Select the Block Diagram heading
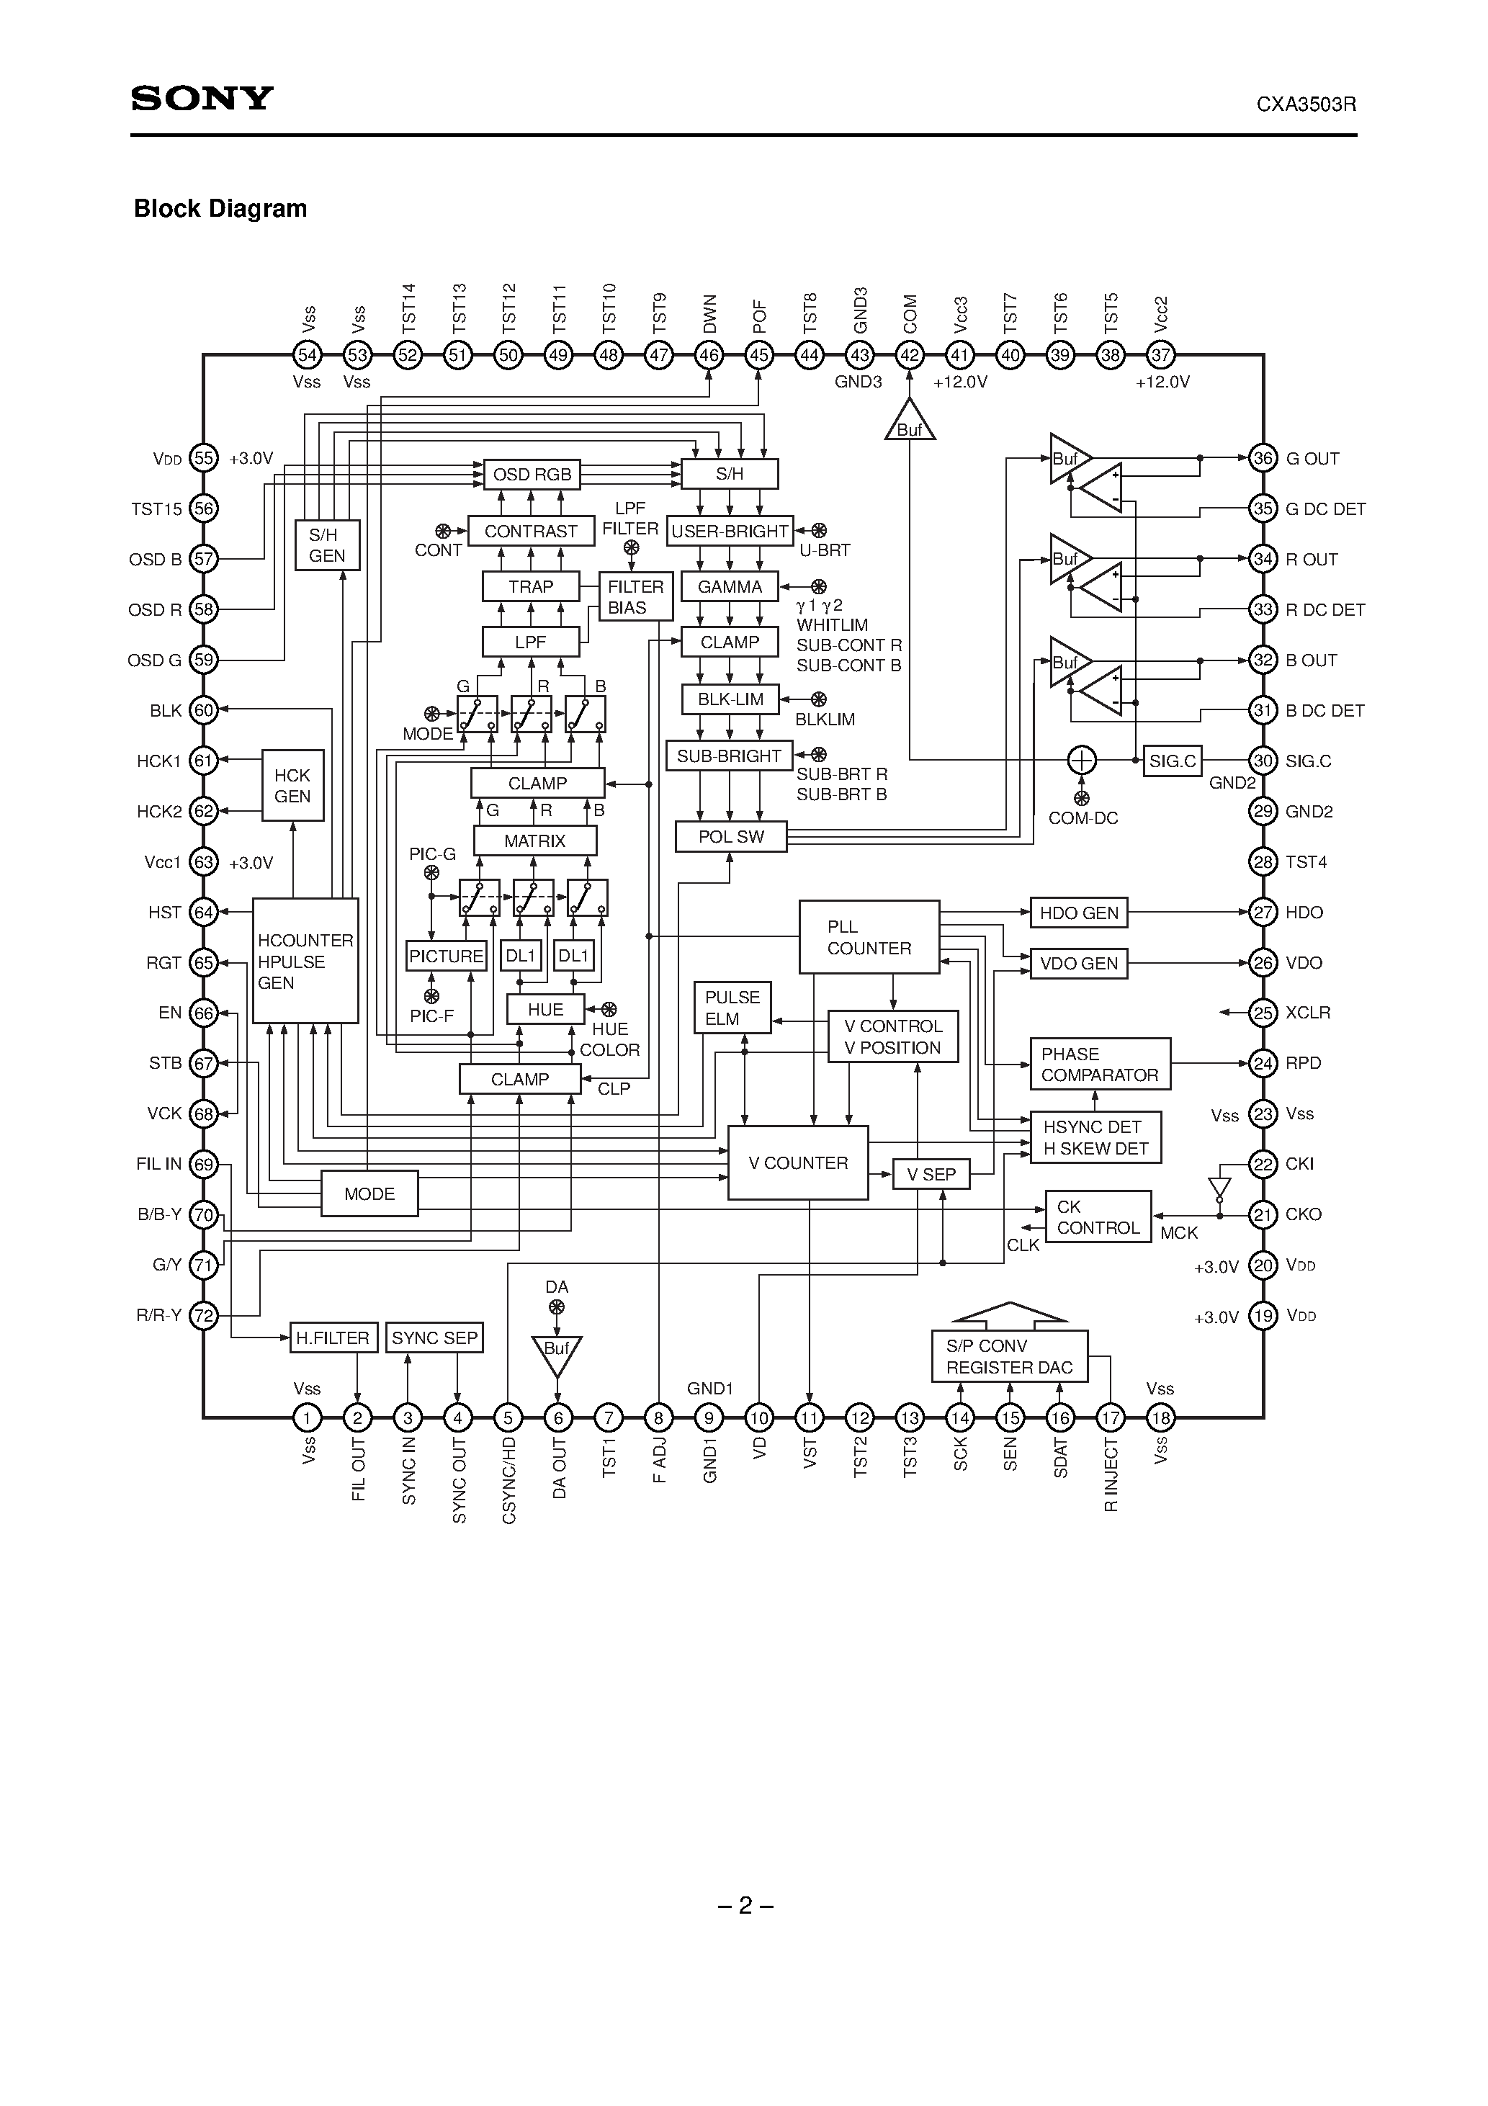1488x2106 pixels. [x=220, y=209]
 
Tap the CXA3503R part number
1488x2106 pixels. [x=1306, y=104]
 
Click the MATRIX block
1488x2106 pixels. [x=535, y=841]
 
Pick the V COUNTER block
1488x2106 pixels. [x=797, y=1163]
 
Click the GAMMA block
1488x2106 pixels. [x=730, y=587]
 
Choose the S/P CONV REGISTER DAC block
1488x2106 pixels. [x=1009, y=1357]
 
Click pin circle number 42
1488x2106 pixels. [x=909, y=355]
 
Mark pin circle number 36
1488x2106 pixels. [x=1263, y=459]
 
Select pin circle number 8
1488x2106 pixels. [x=659, y=1418]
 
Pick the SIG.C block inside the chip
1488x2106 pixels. [x=1173, y=761]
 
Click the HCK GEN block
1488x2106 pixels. [x=292, y=786]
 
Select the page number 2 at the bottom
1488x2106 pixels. [x=745, y=1906]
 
